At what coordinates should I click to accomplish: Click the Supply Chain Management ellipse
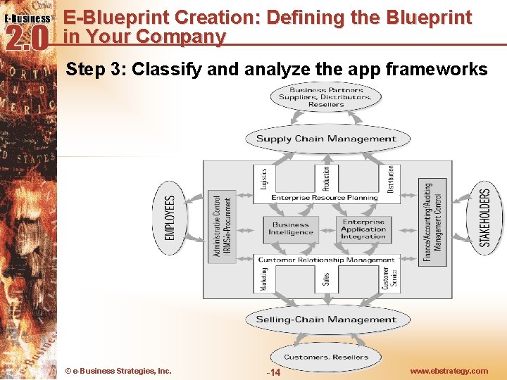point(325,139)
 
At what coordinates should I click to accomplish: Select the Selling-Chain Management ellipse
point(325,319)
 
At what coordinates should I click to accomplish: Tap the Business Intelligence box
point(290,229)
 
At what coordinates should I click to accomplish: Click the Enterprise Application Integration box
point(363,229)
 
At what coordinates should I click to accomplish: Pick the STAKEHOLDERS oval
point(484,217)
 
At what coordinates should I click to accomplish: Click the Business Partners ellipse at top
point(325,98)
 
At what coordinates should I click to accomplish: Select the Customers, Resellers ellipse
point(325,357)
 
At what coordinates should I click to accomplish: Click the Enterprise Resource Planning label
point(325,198)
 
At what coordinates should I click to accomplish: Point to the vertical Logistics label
point(263,179)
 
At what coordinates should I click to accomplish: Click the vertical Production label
point(325,179)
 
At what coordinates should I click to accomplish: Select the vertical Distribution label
point(391,179)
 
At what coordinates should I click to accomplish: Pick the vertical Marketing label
point(264,279)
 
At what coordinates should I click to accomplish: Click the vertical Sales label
point(326,279)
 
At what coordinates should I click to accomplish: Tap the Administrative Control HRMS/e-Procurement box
point(222,226)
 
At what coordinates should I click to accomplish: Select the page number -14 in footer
point(273,372)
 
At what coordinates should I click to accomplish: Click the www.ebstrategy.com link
point(449,371)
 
